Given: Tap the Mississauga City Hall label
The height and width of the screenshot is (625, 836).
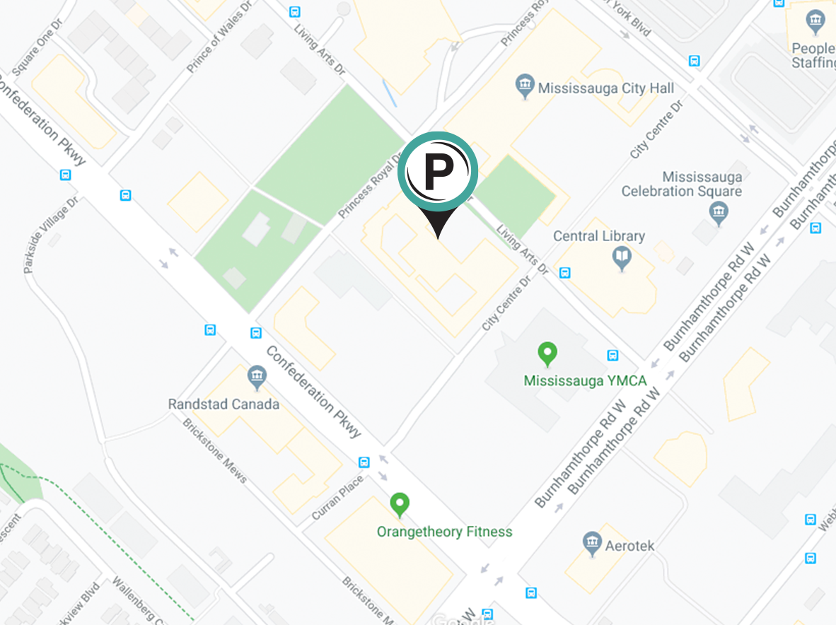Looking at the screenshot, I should click(606, 88).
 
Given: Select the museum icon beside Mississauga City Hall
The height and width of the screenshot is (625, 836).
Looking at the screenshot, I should click(524, 87).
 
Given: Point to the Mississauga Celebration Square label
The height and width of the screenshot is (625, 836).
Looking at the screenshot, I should click(682, 184).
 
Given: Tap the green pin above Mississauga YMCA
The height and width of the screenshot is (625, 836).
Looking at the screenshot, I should click(546, 352).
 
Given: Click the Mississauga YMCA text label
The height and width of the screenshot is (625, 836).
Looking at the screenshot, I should click(585, 381).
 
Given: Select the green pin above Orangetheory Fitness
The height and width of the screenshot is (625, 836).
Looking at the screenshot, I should click(400, 505).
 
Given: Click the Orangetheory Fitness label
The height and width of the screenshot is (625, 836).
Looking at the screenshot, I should click(444, 532).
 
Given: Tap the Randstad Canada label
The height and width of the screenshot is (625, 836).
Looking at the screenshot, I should click(223, 404).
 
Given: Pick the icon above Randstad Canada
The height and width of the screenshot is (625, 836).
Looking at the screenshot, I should click(257, 378).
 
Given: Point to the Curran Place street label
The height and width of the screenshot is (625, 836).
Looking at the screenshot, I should click(339, 498).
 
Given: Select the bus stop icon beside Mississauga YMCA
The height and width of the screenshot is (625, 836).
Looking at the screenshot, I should click(613, 356).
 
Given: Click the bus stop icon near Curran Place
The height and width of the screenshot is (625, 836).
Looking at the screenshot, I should click(364, 462).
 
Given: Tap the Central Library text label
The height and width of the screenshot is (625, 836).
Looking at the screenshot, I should click(599, 236).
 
